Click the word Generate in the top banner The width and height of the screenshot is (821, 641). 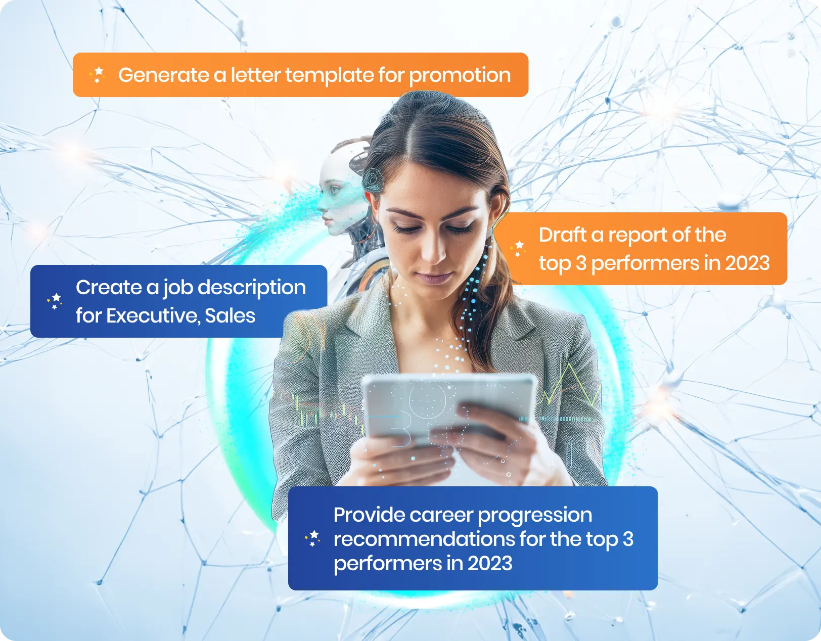pos(164,75)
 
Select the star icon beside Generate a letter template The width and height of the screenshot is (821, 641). pos(98,74)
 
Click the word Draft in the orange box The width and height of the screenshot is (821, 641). pos(563,235)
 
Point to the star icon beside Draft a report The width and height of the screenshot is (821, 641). pos(518,249)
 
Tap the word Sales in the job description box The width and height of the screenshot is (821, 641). pos(230,316)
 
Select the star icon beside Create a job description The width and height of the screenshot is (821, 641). pos(55,301)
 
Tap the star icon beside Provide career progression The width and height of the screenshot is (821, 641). pos(312,538)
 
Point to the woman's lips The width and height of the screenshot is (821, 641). pos(434,278)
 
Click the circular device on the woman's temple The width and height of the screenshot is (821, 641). pos(373,180)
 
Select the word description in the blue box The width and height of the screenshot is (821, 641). pos(252,288)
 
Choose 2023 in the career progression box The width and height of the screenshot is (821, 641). pos(490,563)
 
